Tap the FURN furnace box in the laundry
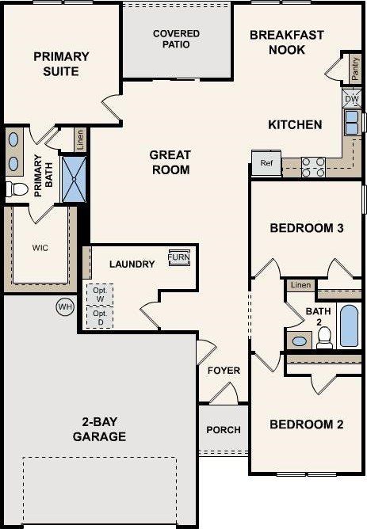178,259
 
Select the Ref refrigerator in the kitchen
266,163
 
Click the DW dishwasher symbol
352,97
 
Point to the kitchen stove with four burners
314,166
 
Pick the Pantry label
354,70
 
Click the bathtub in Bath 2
349,326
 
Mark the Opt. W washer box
99,293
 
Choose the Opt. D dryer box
99,318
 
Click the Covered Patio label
176,39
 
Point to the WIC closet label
40,247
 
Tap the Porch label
223,430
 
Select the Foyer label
224,371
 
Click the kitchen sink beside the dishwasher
351,122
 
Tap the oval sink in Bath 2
299,341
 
